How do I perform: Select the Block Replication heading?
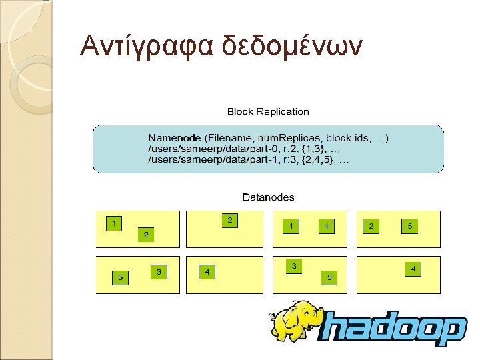(x=268, y=112)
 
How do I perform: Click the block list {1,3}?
(x=313, y=149)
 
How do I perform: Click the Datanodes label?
(x=268, y=197)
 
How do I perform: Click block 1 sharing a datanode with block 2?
(x=115, y=223)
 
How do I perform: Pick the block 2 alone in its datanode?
(x=229, y=220)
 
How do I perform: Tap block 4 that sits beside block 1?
(x=326, y=227)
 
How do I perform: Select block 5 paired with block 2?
(x=410, y=227)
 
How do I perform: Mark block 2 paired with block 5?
(x=371, y=227)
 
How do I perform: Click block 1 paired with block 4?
(x=291, y=227)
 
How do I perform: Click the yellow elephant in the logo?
(x=298, y=320)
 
